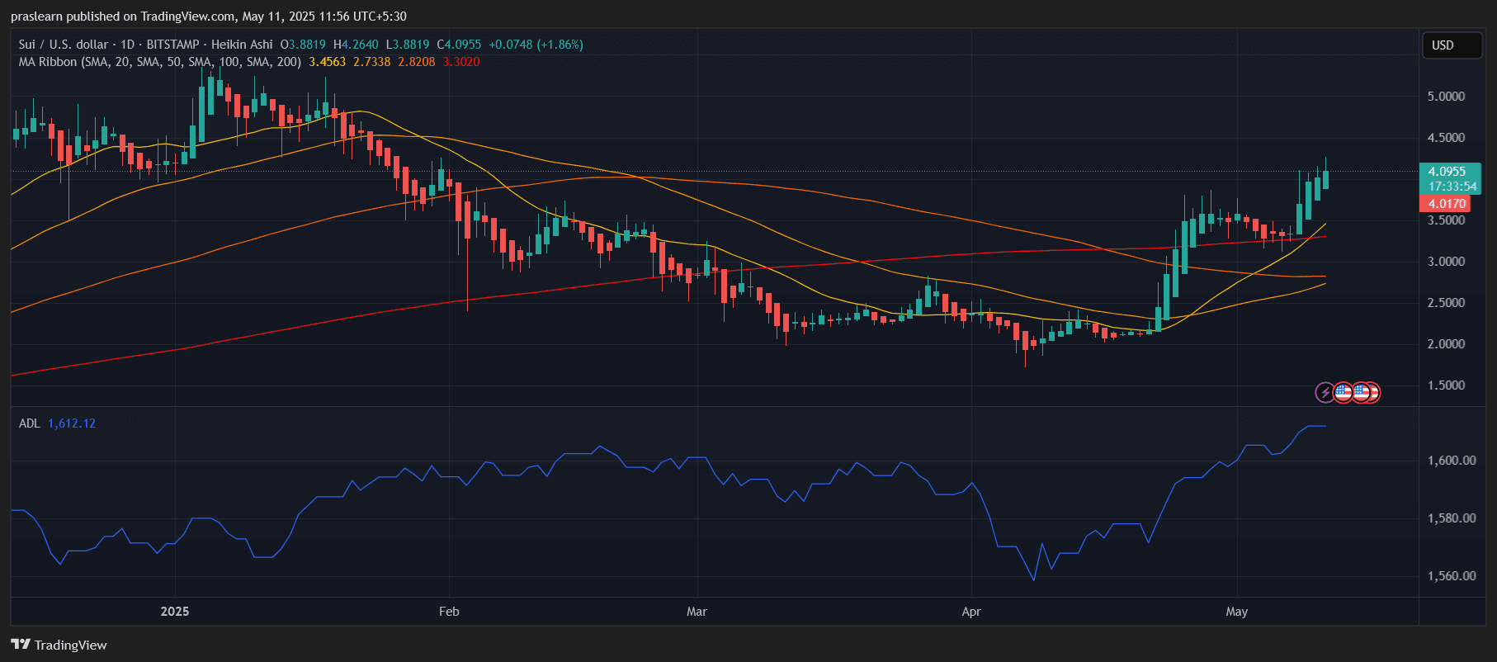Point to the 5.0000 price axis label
pos(1446,97)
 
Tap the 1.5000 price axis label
pos(1446,385)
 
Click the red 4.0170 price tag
pos(1446,204)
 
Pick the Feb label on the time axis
pos(449,612)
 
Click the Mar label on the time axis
pos(697,612)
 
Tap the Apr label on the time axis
pos(971,612)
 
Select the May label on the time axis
pos(1236,612)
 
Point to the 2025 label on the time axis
pos(175,612)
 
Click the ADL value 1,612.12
pos(72,423)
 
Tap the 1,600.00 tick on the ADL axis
pos(1452,461)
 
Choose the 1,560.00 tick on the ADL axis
pos(1452,576)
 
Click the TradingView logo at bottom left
pos(59,645)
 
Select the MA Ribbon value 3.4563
pos(328,62)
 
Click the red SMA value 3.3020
pos(461,62)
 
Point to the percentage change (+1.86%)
pos(560,45)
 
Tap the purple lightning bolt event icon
pos(1325,392)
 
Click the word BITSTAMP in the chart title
pos(172,45)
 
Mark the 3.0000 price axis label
pos(1446,262)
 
